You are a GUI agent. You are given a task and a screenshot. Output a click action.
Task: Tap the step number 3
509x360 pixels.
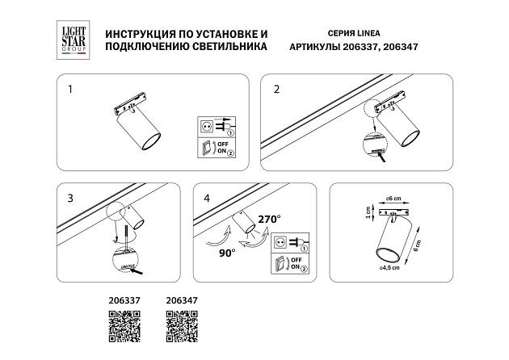tap(69, 196)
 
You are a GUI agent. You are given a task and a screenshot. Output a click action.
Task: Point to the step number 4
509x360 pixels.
tap(206, 196)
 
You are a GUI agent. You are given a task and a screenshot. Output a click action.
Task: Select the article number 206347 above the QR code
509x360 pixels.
tap(181, 300)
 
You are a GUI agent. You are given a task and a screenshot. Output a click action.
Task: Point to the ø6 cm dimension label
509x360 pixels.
tap(394, 198)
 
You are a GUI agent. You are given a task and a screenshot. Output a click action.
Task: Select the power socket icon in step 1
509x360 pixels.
tap(209, 127)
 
